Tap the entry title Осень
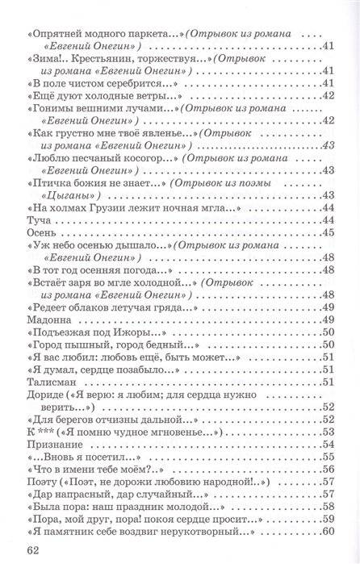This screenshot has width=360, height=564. (41, 232)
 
